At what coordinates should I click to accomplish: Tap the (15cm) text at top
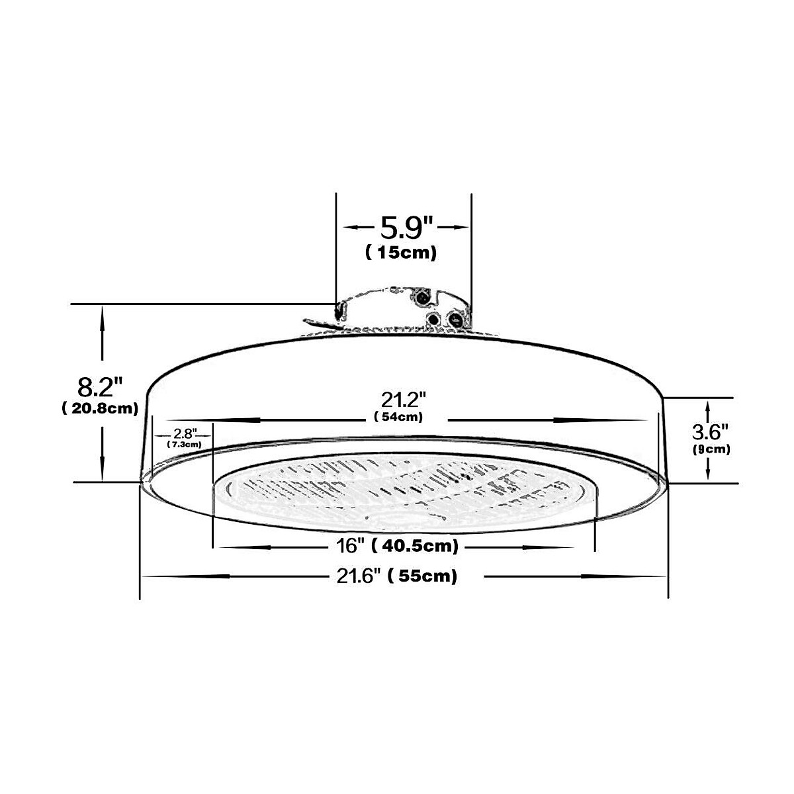click(x=401, y=253)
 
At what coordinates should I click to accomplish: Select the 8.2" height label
click(x=100, y=386)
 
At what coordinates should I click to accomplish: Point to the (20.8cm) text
click(x=100, y=408)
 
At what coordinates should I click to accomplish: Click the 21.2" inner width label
click(x=402, y=400)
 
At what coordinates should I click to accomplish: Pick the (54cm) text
click(x=398, y=417)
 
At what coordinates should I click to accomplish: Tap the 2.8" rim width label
click(x=185, y=433)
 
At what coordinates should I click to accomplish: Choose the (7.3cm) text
click(x=185, y=445)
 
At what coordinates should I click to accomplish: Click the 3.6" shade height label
click(x=710, y=433)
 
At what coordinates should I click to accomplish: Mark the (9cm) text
click(x=710, y=449)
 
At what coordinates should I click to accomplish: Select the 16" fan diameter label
click(x=350, y=547)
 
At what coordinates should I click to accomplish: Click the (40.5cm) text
click(x=415, y=547)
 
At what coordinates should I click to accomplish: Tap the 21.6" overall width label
click(x=359, y=576)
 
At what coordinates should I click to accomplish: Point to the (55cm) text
click(x=423, y=576)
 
